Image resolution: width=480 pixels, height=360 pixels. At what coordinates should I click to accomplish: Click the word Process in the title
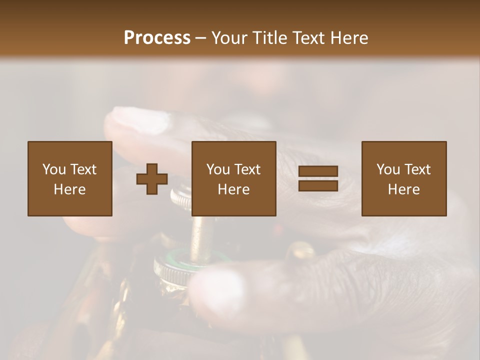[x=157, y=38]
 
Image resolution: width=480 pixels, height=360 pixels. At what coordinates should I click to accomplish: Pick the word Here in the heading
[x=350, y=38]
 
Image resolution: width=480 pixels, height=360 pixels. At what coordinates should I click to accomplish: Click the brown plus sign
[x=152, y=179]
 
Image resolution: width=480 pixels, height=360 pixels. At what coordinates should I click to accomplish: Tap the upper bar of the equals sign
[x=318, y=171]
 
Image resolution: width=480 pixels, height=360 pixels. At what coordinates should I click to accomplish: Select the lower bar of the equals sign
[x=318, y=186]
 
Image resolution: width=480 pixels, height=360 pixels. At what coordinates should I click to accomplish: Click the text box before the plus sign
[x=70, y=178]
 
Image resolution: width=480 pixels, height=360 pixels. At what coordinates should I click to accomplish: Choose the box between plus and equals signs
[x=234, y=178]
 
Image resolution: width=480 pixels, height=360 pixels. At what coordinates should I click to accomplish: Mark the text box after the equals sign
[x=404, y=178]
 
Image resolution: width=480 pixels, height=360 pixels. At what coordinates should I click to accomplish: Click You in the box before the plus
[x=54, y=169]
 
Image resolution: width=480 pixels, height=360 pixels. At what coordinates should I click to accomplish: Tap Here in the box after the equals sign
[x=404, y=189]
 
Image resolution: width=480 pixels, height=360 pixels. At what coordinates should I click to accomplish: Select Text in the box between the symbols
[x=247, y=169]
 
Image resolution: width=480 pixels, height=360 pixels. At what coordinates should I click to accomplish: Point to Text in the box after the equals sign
[x=417, y=169]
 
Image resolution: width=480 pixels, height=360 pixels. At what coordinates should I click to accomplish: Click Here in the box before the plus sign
[x=70, y=189]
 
